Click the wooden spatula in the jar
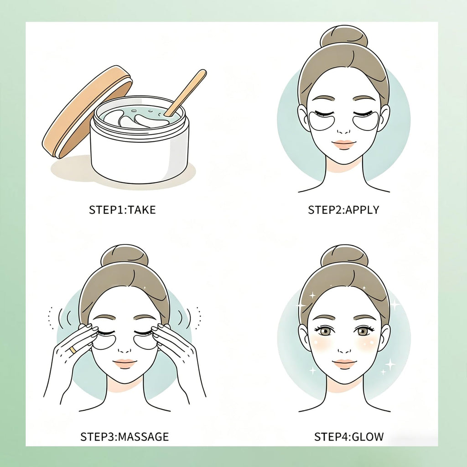[x=185, y=93]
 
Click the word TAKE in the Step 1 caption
[x=142, y=210]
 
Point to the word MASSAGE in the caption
[x=144, y=437]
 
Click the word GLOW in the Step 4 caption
[x=368, y=437]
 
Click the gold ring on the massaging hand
[x=73, y=350]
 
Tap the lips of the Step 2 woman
[x=344, y=144]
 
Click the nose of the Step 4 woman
[x=345, y=348]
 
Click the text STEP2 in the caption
[x=325, y=210]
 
